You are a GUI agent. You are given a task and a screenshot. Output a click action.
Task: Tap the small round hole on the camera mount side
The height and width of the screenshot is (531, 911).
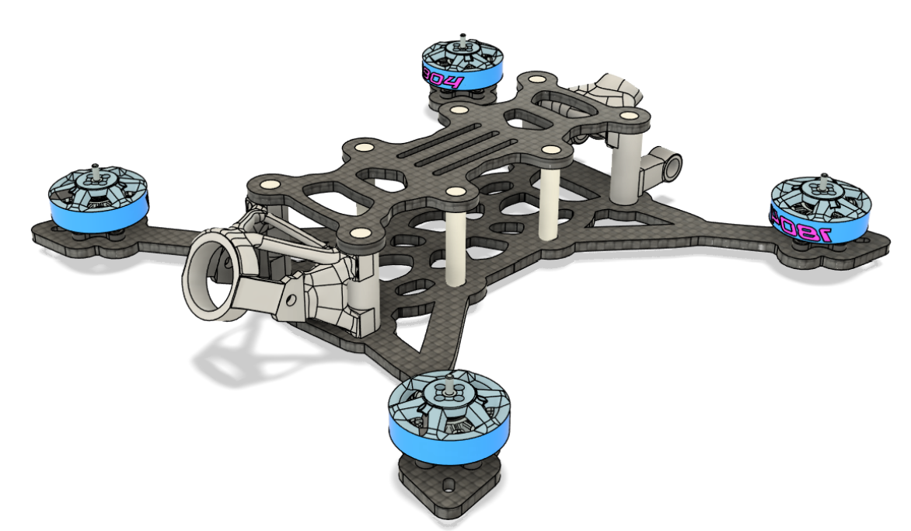pyautogui.click(x=291, y=297)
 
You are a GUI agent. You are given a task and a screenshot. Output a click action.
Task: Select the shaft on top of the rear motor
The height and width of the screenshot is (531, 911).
pyautogui.click(x=462, y=38)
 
